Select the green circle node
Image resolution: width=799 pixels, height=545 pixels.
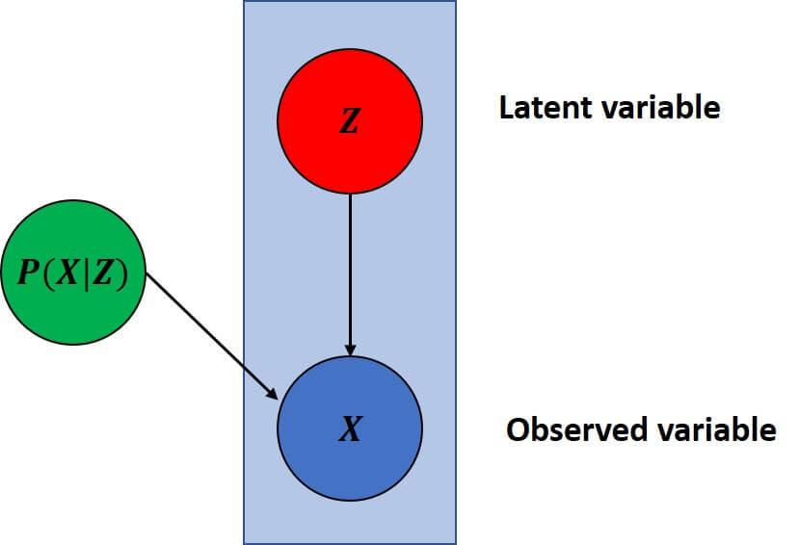72,276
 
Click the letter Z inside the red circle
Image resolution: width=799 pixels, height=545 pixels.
349,123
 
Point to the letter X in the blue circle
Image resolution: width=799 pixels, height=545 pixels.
350,430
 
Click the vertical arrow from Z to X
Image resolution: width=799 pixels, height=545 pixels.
350,270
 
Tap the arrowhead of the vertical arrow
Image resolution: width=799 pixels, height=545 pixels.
350,349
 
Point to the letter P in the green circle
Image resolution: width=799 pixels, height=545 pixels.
28,275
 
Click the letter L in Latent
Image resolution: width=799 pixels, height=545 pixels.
506,107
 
